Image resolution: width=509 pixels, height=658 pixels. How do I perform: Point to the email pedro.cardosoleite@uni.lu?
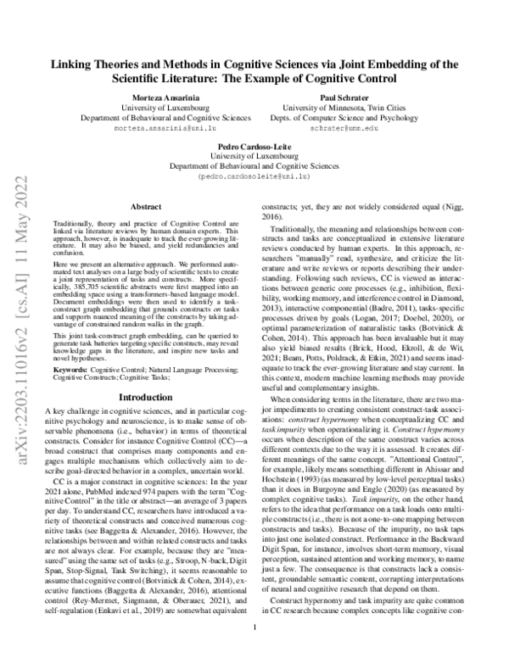[254, 179]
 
